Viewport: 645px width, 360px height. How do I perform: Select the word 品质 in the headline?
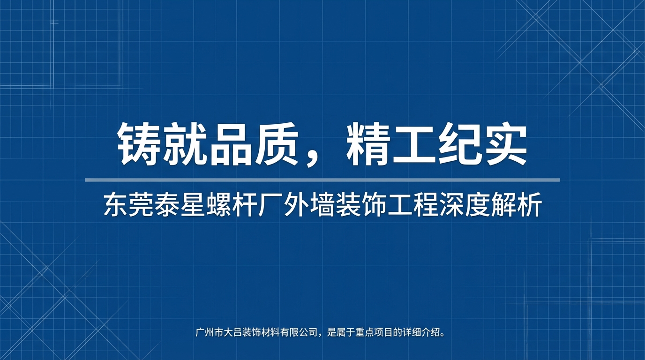(253, 144)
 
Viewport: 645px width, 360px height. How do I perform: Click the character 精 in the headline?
(368, 144)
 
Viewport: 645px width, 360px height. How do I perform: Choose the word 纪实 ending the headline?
(482, 144)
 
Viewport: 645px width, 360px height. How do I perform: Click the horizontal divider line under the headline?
(322, 180)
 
